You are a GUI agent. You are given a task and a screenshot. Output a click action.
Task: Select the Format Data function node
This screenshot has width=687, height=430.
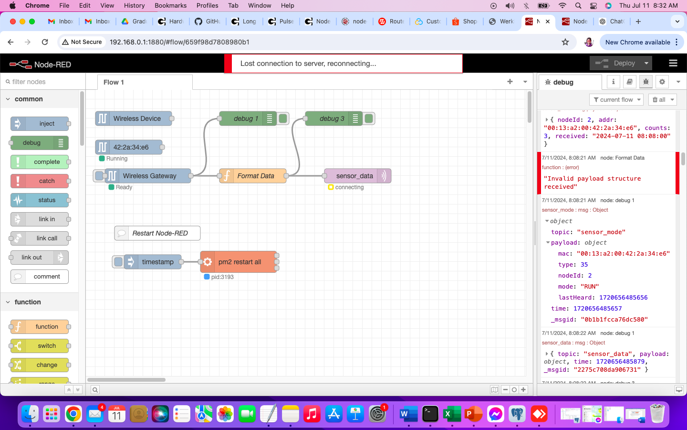pyautogui.click(x=255, y=176)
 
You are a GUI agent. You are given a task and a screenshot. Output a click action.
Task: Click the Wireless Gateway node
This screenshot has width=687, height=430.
pyautogui.click(x=149, y=176)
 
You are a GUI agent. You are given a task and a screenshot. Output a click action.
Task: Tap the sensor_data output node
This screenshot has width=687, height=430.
pyautogui.click(x=354, y=176)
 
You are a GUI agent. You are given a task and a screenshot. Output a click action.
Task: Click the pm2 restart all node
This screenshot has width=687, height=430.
pyautogui.click(x=239, y=262)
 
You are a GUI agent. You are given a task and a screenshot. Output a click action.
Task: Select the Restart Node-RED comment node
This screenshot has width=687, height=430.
pyautogui.click(x=159, y=233)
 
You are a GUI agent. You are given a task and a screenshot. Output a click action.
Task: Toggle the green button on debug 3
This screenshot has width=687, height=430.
pyautogui.click(x=369, y=118)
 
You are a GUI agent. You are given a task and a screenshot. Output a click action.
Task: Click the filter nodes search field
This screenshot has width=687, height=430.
pyautogui.click(x=43, y=82)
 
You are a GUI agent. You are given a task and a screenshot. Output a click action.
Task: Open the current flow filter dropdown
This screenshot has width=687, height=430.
pyautogui.click(x=616, y=99)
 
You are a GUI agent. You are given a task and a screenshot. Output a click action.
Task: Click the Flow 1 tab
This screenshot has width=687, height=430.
pyautogui.click(x=114, y=82)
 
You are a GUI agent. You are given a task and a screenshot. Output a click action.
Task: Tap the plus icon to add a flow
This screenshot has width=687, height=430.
pyautogui.click(x=510, y=82)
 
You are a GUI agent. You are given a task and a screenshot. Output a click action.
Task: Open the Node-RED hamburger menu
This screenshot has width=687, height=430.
pyautogui.click(x=673, y=63)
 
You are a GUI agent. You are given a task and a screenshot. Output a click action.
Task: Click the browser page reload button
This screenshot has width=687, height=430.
pyautogui.click(x=45, y=42)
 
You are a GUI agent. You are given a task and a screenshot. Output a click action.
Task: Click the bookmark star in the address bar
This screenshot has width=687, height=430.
pyautogui.click(x=565, y=42)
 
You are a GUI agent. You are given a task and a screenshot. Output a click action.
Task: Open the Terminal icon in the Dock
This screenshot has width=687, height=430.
pyautogui.click(x=430, y=414)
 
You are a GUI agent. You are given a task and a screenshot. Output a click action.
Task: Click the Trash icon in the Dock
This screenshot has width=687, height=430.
pyautogui.click(x=657, y=414)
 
